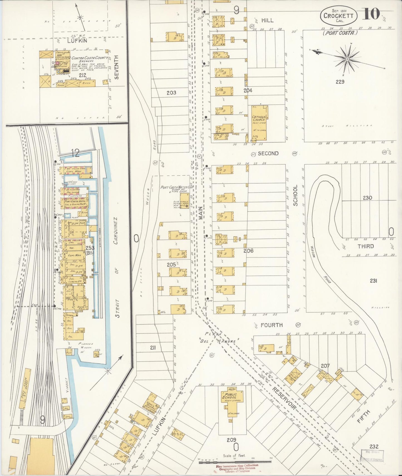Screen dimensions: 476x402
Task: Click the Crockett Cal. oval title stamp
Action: tap(338, 16)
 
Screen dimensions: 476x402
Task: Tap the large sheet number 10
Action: tap(371, 14)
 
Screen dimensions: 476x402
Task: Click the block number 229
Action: tap(340, 82)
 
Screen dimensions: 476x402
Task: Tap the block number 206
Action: tap(248, 250)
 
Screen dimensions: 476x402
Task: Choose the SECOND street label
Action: tap(268, 153)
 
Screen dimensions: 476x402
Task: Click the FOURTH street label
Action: tap(272, 325)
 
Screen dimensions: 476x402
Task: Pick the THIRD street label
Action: tap(366, 246)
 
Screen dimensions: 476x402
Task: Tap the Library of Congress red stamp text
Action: tap(237, 468)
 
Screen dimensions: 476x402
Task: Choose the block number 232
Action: tap(374, 447)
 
